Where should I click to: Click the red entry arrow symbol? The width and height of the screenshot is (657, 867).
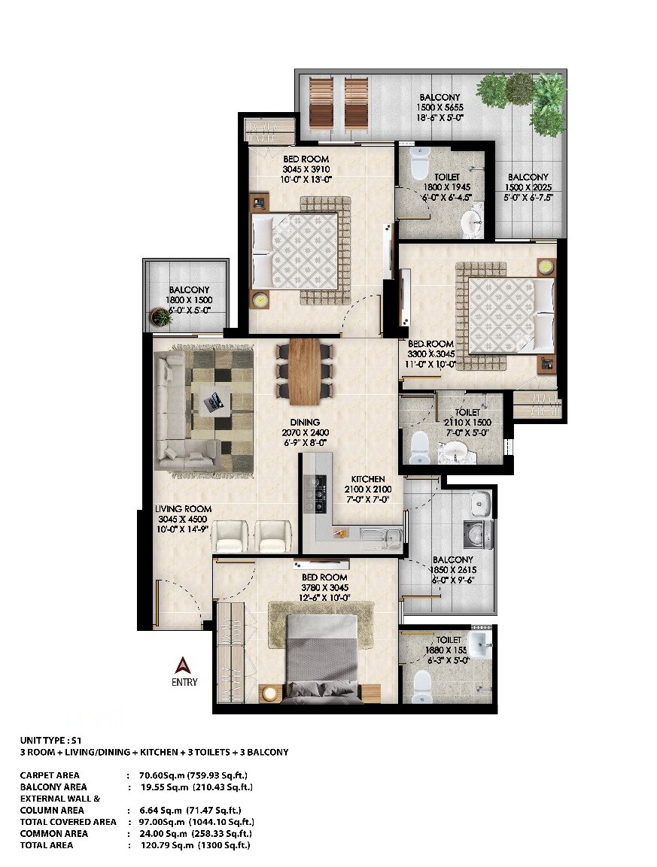click(183, 665)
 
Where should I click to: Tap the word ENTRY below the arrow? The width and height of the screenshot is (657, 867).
click(184, 682)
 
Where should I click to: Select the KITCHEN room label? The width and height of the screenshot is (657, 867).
click(368, 479)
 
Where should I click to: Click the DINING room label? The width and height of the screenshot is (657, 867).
click(305, 422)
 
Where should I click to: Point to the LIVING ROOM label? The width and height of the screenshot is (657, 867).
click(183, 509)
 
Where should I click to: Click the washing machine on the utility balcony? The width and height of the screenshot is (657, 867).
click(476, 535)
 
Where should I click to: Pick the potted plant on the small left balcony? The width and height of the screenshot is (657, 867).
click(161, 317)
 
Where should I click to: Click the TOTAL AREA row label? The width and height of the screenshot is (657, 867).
click(47, 845)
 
